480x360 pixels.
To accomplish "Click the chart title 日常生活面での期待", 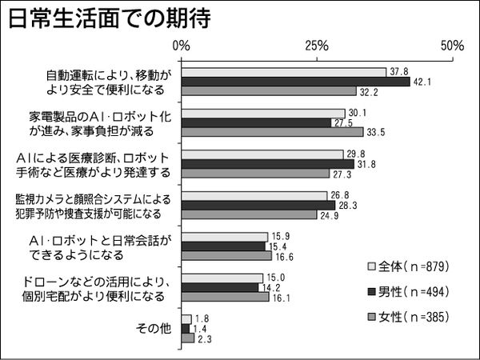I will [109, 19].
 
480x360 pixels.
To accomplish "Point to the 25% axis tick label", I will [318, 46].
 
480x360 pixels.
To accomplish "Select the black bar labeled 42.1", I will [295, 81].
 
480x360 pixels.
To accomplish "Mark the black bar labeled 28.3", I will [258, 205].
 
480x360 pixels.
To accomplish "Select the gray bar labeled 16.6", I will [226, 256].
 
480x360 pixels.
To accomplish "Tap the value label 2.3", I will [205, 338].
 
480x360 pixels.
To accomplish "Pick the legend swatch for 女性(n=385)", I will [372, 314].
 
